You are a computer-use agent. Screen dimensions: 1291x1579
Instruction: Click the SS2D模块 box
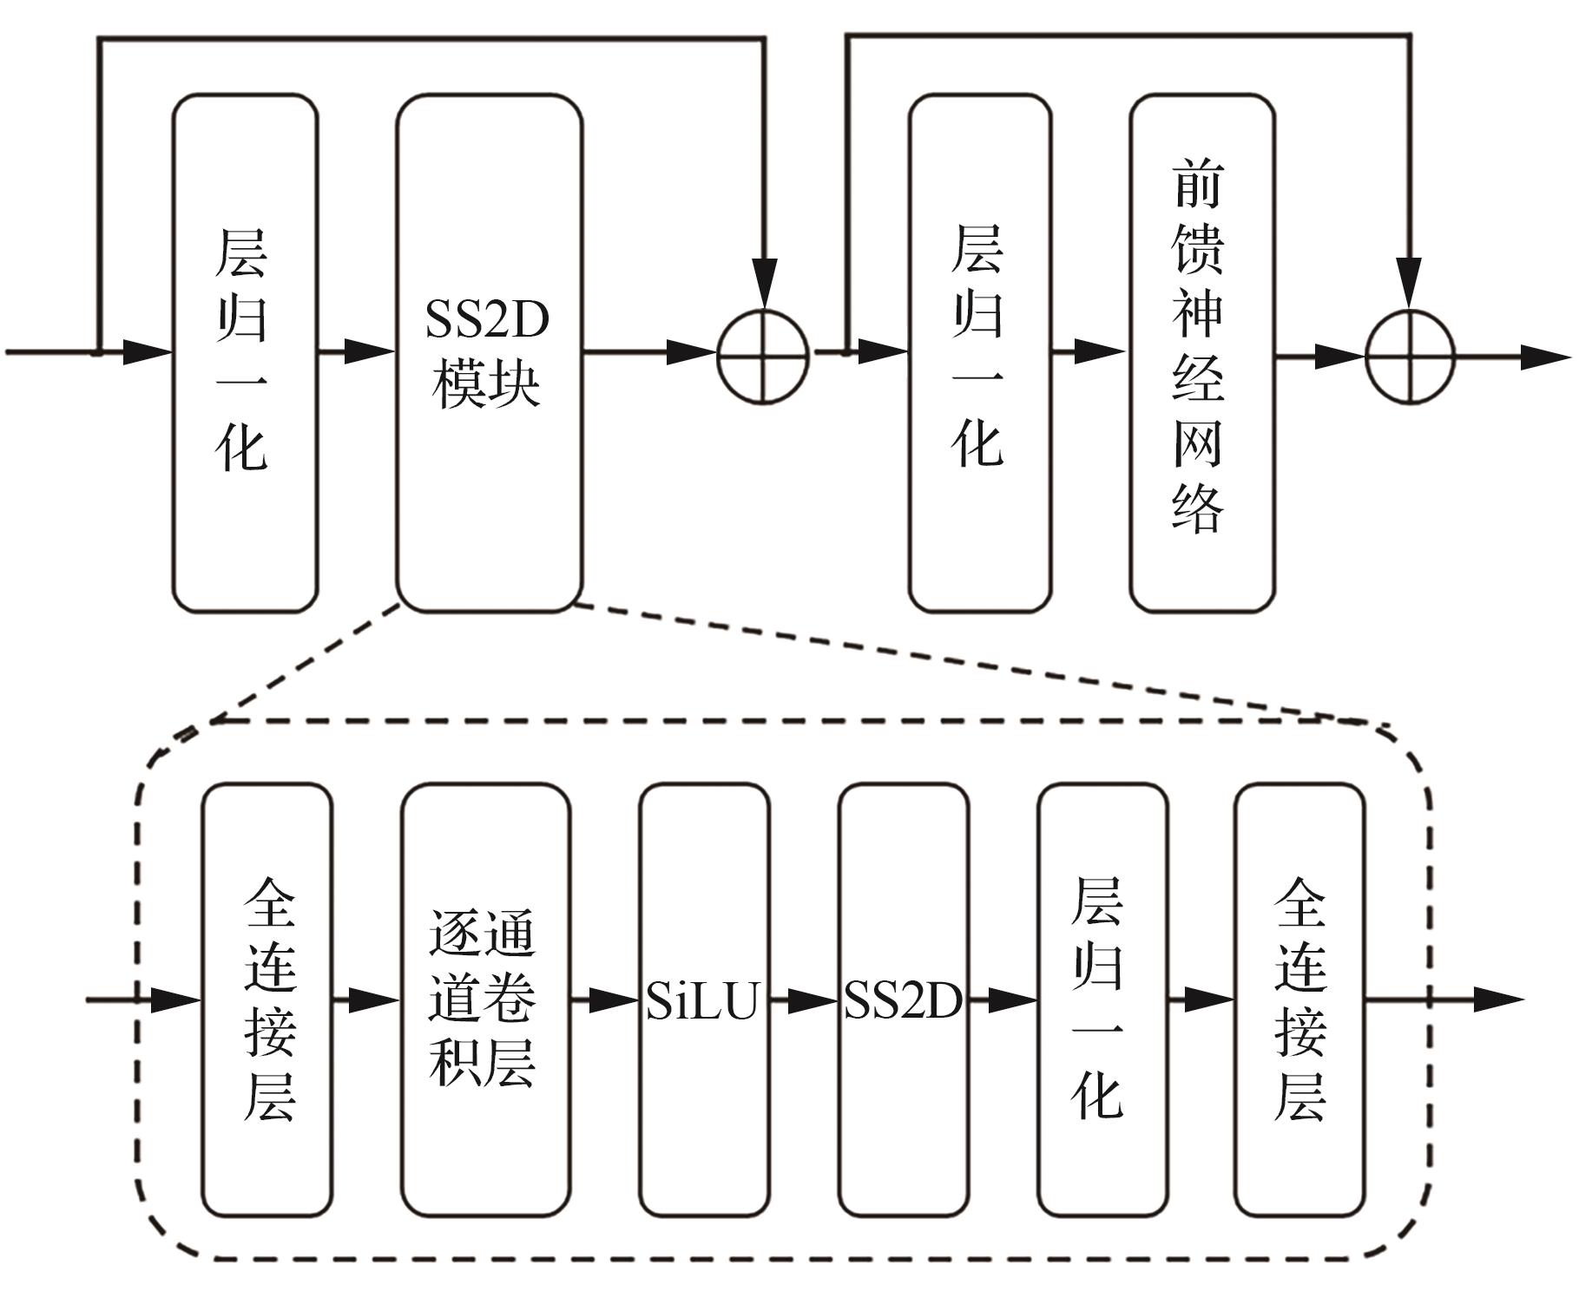pyautogui.click(x=489, y=353)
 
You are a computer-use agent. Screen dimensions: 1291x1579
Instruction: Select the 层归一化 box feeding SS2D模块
pyautogui.click(x=245, y=353)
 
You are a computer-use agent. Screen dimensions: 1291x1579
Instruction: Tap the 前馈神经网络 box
pyautogui.click(x=1201, y=353)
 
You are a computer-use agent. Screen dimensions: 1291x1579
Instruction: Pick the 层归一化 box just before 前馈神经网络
pyautogui.click(x=979, y=353)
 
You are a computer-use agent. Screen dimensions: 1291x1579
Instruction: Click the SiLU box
pyautogui.click(x=704, y=1000)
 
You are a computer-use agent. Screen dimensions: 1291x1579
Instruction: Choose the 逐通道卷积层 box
pyautogui.click(x=484, y=1000)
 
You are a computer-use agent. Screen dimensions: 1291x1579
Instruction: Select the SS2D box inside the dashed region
pyautogui.click(x=903, y=1000)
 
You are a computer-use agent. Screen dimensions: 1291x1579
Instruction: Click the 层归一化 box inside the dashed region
pyautogui.click(x=1102, y=1000)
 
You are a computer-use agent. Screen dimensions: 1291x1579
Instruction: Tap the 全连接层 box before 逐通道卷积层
pyautogui.click(x=267, y=1000)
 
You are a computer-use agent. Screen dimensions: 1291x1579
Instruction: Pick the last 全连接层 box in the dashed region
pyautogui.click(x=1299, y=1000)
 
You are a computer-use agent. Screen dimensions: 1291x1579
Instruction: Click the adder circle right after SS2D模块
pyautogui.click(x=763, y=357)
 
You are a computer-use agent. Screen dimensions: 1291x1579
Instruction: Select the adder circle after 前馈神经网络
pyautogui.click(x=1409, y=357)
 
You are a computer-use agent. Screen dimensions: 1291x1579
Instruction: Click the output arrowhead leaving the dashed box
pyautogui.click(x=1497, y=1000)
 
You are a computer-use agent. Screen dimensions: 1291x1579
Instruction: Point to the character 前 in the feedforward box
pyautogui.click(x=1199, y=184)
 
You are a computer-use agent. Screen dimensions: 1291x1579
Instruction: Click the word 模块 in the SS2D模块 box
pyautogui.click(x=487, y=384)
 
